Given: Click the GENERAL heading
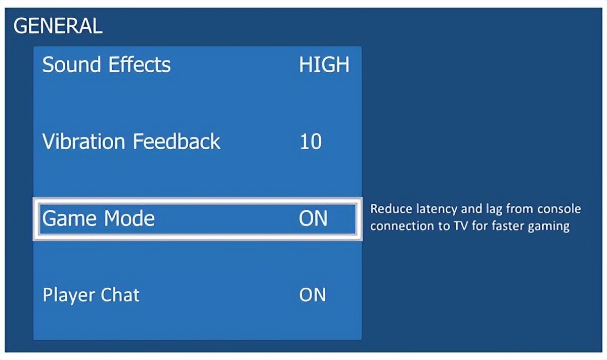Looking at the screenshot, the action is [x=58, y=26].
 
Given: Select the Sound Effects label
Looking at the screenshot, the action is [x=107, y=65].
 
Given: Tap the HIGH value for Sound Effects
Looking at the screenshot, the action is [x=324, y=65].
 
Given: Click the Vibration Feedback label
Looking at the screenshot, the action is [x=132, y=141].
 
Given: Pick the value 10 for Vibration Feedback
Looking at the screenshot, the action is [x=311, y=142].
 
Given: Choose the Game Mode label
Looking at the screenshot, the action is [x=99, y=218].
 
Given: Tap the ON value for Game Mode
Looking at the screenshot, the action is [x=313, y=218].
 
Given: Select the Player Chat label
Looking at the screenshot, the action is [x=91, y=295].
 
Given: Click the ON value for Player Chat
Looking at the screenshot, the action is [x=313, y=295].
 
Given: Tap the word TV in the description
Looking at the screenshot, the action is [x=461, y=226].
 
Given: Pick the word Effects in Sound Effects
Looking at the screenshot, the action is [x=140, y=65].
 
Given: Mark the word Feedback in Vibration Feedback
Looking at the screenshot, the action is [x=177, y=141].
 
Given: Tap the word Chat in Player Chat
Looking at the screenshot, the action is [x=116, y=294].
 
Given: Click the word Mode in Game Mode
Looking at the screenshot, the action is [x=129, y=218].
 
